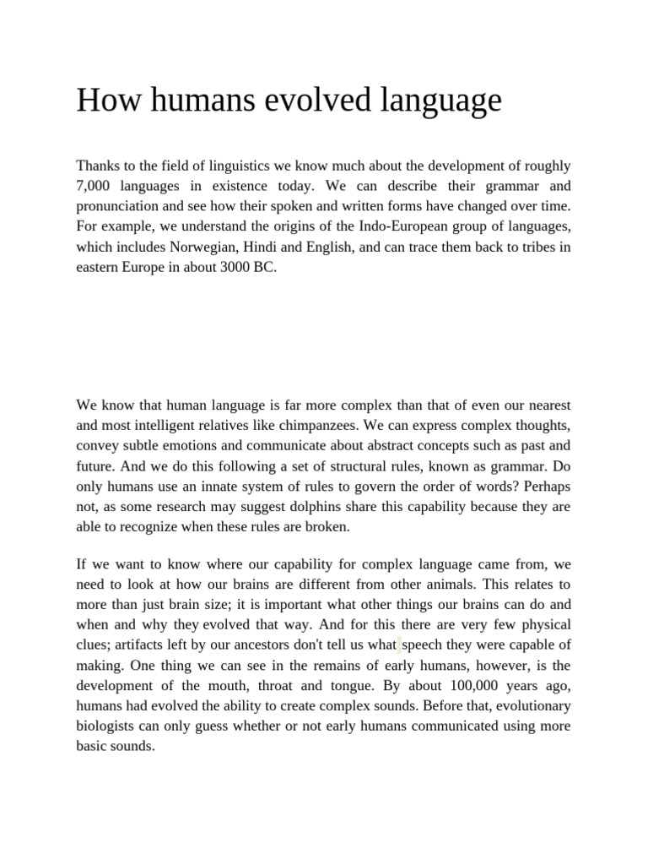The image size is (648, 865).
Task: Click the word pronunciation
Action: point(122,205)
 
